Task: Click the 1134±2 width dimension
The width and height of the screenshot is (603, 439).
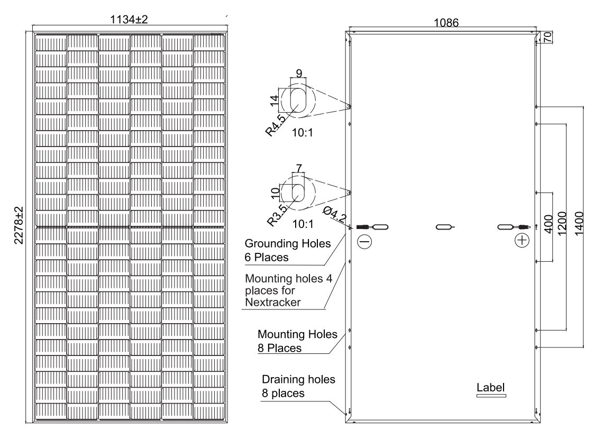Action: tap(130, 20)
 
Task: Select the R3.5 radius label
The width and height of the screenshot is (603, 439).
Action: tap(277, 215)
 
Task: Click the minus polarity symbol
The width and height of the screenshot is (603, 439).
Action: tap(365, 241)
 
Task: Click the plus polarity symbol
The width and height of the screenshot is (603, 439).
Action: tap(523, 241)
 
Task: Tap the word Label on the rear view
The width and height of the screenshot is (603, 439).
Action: tap(491, 387)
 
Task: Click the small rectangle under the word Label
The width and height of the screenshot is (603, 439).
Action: tap(491, 395)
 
